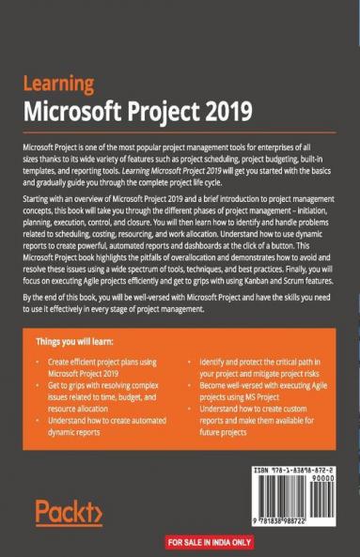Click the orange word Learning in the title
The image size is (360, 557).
tap(58, 85)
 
